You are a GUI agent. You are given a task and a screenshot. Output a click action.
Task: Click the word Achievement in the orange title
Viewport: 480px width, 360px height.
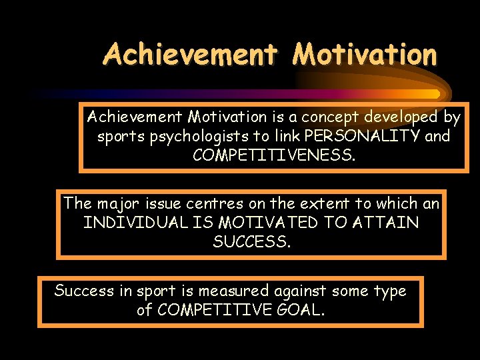189,54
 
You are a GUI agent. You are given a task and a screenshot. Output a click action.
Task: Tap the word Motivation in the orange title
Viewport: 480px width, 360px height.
364,54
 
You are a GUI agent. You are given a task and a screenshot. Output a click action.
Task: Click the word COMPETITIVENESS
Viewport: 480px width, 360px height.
274,155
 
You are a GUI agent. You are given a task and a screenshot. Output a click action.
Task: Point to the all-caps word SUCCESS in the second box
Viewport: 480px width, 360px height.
251,241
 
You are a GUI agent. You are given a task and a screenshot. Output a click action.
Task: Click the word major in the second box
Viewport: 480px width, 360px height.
117,203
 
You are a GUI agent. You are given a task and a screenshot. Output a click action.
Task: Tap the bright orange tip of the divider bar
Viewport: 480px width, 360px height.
434,94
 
